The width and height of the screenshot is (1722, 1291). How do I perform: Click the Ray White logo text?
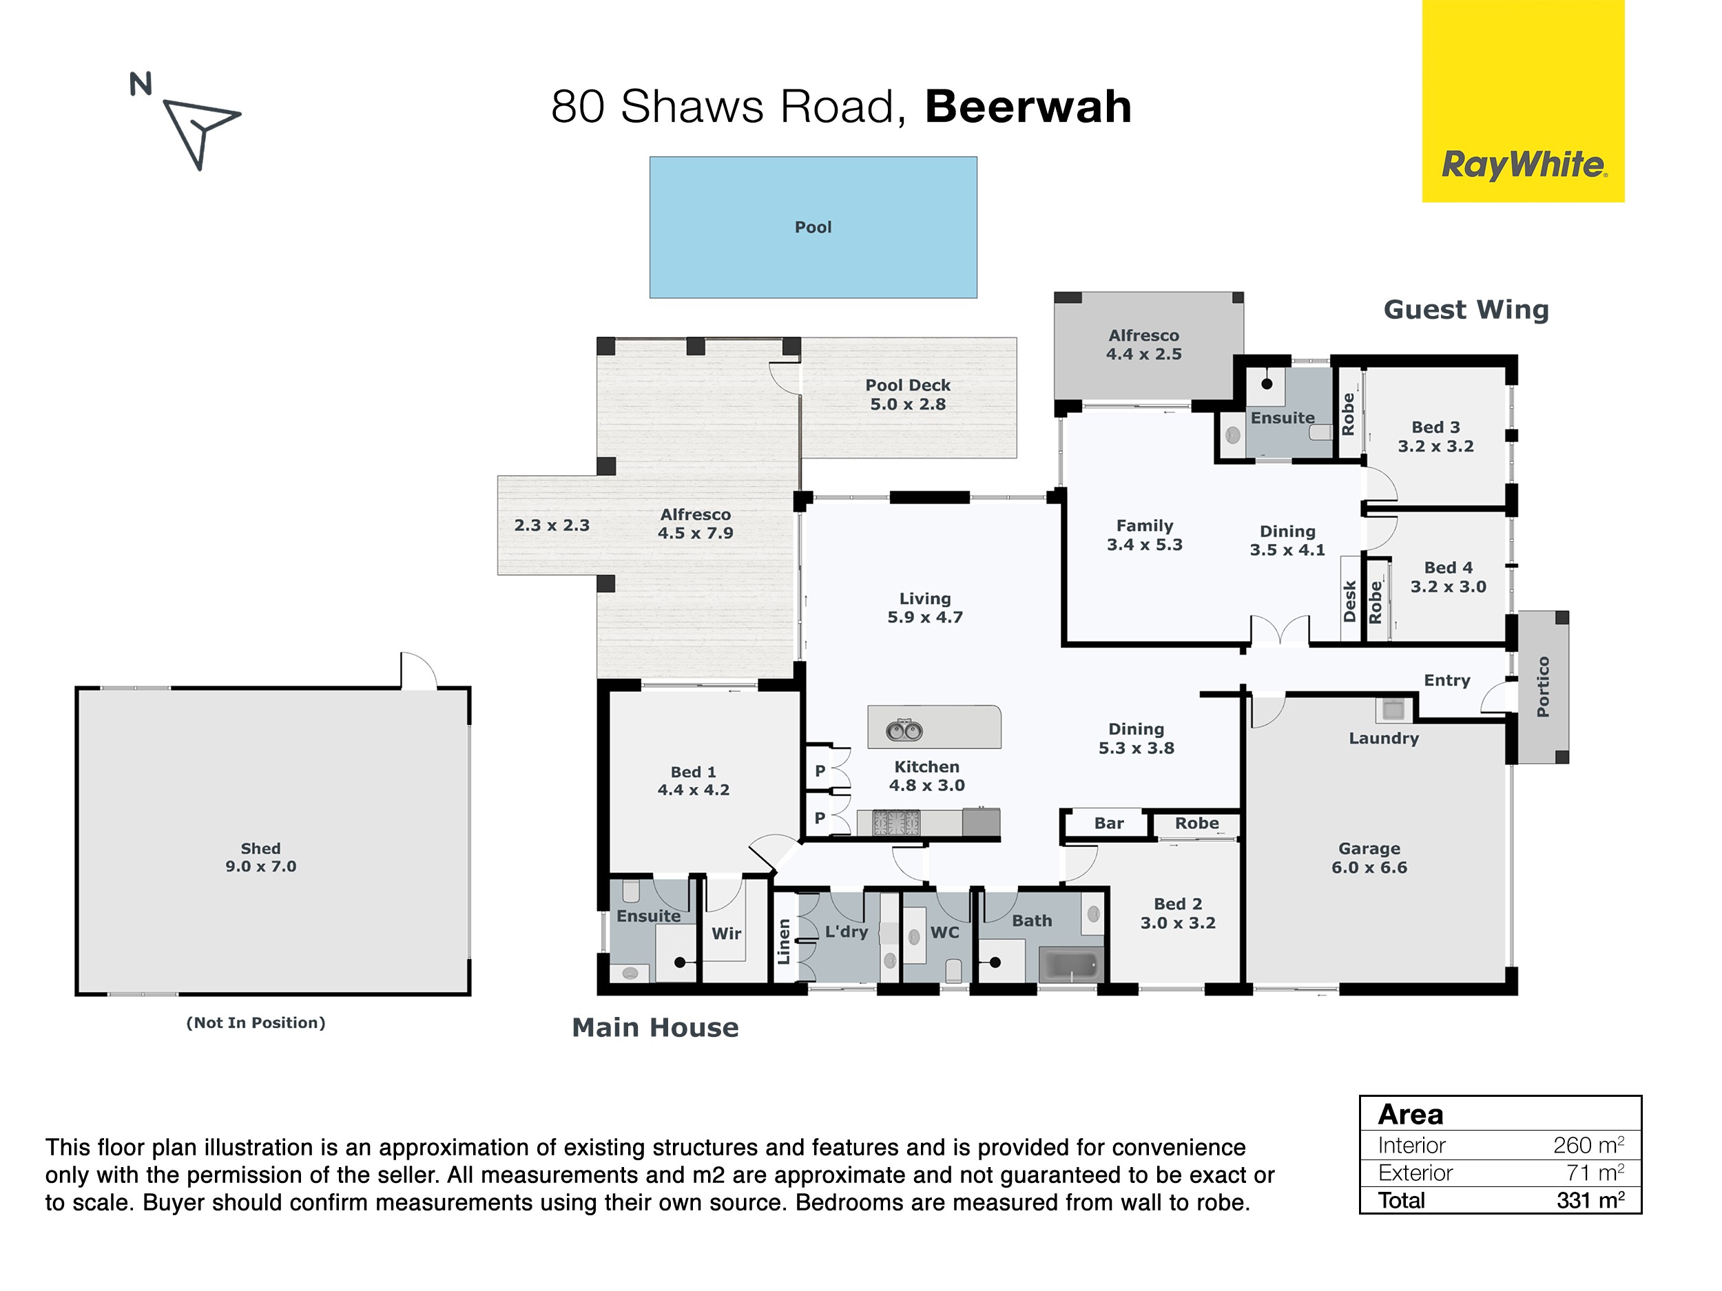point(1523,165)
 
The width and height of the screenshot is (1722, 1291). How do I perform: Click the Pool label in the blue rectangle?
point(813,227)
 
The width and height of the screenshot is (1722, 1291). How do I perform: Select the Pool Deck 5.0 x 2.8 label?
point(908,395)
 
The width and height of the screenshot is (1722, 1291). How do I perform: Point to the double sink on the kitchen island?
point(904,731)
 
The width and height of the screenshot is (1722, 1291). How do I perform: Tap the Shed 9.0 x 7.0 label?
point(261,857)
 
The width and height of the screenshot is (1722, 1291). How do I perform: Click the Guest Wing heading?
point(1466,310)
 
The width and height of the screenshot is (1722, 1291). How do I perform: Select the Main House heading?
point(654,1027)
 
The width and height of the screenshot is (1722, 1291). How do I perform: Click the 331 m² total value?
point(1590,1200)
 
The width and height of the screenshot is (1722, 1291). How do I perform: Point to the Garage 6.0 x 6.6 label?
point(1369,857)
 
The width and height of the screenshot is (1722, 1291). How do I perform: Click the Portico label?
point(1543,686)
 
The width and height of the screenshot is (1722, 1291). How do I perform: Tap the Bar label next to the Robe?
point(1108,823)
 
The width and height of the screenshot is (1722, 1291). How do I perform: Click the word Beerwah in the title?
point(1028,107)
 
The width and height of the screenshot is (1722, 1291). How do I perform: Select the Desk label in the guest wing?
point(1350,601)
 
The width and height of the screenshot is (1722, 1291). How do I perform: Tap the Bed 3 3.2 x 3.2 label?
point(1435,437)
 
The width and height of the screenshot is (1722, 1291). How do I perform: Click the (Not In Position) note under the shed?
point(256,1022)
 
